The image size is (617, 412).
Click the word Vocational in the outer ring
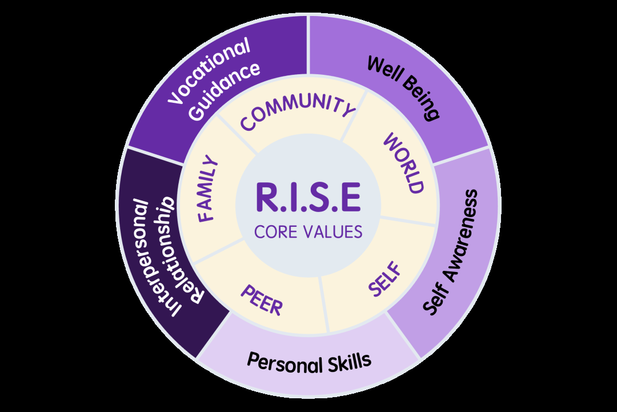coord(209,71)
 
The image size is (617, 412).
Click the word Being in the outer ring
coord(422,99)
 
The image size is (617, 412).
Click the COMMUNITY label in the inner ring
coord(298,111)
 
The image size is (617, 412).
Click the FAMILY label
coord(207,189)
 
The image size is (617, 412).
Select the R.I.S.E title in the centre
coord(308,197)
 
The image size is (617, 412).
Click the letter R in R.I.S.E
coord(267,197)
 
